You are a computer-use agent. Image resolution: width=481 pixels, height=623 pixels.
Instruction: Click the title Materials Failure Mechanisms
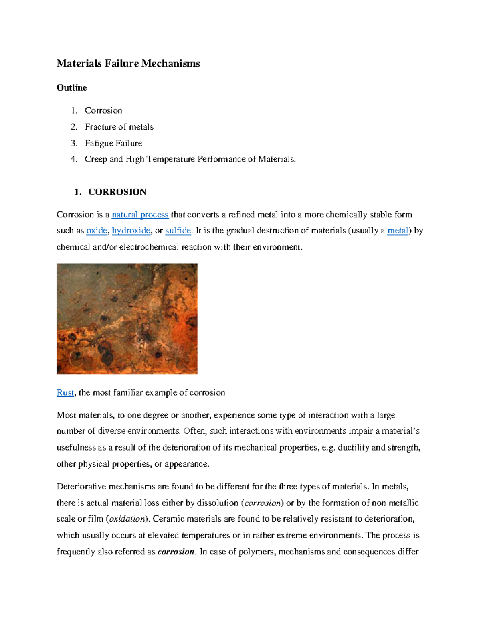[x=128, y=63]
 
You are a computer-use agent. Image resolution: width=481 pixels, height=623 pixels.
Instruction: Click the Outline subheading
[x=71, y=87]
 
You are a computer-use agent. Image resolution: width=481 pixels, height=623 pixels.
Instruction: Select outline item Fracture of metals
[x=119, y=127]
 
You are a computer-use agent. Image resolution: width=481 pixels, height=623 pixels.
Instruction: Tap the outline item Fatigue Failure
[x=113, y=143]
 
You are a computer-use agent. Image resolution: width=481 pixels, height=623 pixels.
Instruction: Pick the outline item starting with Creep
[x=190, y=159]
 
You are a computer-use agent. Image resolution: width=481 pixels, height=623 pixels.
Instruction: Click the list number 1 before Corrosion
[x=74, y=110]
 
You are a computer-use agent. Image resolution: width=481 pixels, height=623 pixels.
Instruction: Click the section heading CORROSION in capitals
[x=117, y=192]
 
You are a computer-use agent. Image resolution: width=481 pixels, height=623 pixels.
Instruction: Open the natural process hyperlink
[x=140, y=215]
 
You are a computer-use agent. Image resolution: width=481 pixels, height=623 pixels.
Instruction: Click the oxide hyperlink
[x=97, y=231]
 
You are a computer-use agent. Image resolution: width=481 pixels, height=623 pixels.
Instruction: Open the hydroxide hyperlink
[x=131, y=231]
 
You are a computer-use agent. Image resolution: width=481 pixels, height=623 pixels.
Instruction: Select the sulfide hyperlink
[x=178, y=231]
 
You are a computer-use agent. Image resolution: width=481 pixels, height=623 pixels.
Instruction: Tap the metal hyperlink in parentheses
[x=397, y=231]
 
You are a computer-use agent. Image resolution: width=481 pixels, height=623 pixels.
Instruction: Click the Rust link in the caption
[x=65, y=392]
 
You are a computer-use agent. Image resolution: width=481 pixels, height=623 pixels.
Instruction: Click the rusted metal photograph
[x=127, y=319]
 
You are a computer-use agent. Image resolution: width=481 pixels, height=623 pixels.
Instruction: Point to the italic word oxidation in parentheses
[x=127, y=519]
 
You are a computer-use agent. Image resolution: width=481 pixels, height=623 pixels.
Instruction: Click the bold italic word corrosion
[x=176, y=552]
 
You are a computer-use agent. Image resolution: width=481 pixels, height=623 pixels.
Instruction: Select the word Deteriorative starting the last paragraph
[x=81, y=487]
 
